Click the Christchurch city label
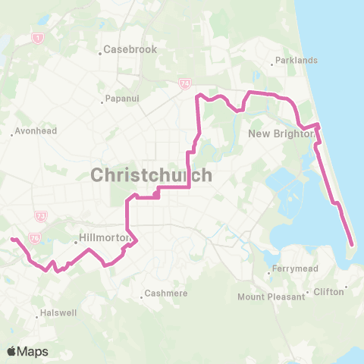pos(151,175)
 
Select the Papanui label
pos(121,99)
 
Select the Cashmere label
pos(162,294)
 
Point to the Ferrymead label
pos(297,269)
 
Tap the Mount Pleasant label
pos(271,297)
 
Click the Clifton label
pos(328,292)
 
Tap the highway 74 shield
pos(184,83)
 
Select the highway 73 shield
pos(41,217)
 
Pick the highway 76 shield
pos(35,237)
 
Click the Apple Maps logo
pos(27,350)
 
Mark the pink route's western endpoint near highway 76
pos(11,240)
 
